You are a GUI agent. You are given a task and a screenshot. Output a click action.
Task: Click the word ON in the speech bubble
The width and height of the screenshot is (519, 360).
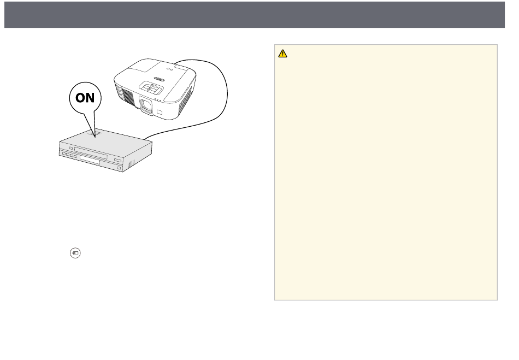85,98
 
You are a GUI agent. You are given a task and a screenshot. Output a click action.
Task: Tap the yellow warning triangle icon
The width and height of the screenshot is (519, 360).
282,54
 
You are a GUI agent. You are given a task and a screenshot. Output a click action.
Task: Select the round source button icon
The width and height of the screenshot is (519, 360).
75,253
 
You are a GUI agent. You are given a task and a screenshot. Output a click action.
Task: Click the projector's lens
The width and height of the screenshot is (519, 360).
146,106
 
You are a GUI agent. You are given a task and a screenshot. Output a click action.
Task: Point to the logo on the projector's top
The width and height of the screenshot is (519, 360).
160,79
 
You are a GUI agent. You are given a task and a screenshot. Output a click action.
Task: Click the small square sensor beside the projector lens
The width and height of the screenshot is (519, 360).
160,112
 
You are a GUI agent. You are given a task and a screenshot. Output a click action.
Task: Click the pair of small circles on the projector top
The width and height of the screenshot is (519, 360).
170,69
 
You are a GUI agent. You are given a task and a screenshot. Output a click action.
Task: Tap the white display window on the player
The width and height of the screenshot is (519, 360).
90,160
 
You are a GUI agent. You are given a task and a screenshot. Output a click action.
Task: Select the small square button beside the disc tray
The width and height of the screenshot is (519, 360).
71,148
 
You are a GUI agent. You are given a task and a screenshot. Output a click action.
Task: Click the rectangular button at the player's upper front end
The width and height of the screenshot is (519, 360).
117,160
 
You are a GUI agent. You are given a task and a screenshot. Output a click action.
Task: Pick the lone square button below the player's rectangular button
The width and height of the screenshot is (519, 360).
120,168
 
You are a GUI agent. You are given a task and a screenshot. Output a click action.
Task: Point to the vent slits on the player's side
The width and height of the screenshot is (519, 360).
132,163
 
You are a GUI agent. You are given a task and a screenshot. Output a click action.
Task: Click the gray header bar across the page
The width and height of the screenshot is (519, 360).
255,15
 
